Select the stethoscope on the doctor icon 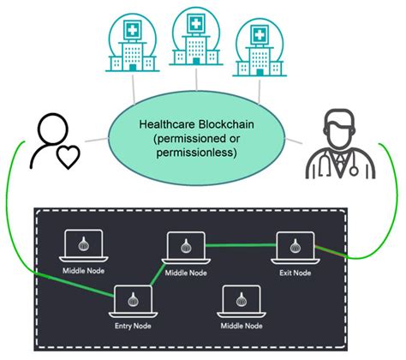click(x=350, y=163)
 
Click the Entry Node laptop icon click(x=133, y=300)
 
